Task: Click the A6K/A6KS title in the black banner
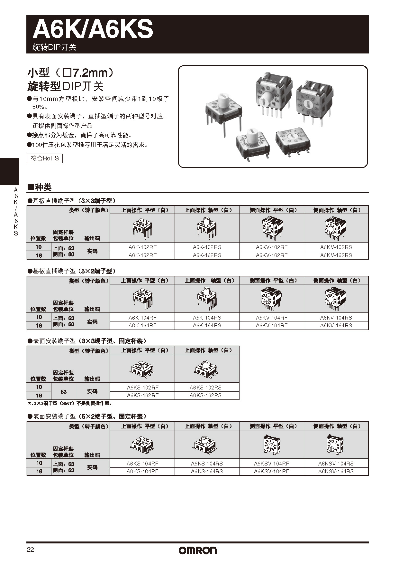click(x=93, y=29)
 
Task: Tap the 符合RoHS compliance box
click(x=45, y=158)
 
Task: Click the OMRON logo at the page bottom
click(x=198, y=550)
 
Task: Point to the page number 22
click(x=30, y=550)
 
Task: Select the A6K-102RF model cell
click(x=142, y=247)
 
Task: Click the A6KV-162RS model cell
click(x=336, y=255)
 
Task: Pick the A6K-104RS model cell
click(x=207, y=318)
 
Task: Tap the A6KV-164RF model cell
click(x=272, y=325)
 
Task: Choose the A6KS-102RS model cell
click(x=205, y=388)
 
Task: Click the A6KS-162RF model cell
click(x=142, y=395)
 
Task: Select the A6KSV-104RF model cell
click(x=271, y=464)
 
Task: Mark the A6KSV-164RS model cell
click(x=336, y=471)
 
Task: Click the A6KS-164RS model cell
click(x=207, y=471)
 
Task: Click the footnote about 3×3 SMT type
click(x=69, y=403)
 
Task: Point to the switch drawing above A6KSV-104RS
click(x=336, y=445)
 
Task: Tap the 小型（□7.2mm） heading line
click(x=71, y=73)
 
